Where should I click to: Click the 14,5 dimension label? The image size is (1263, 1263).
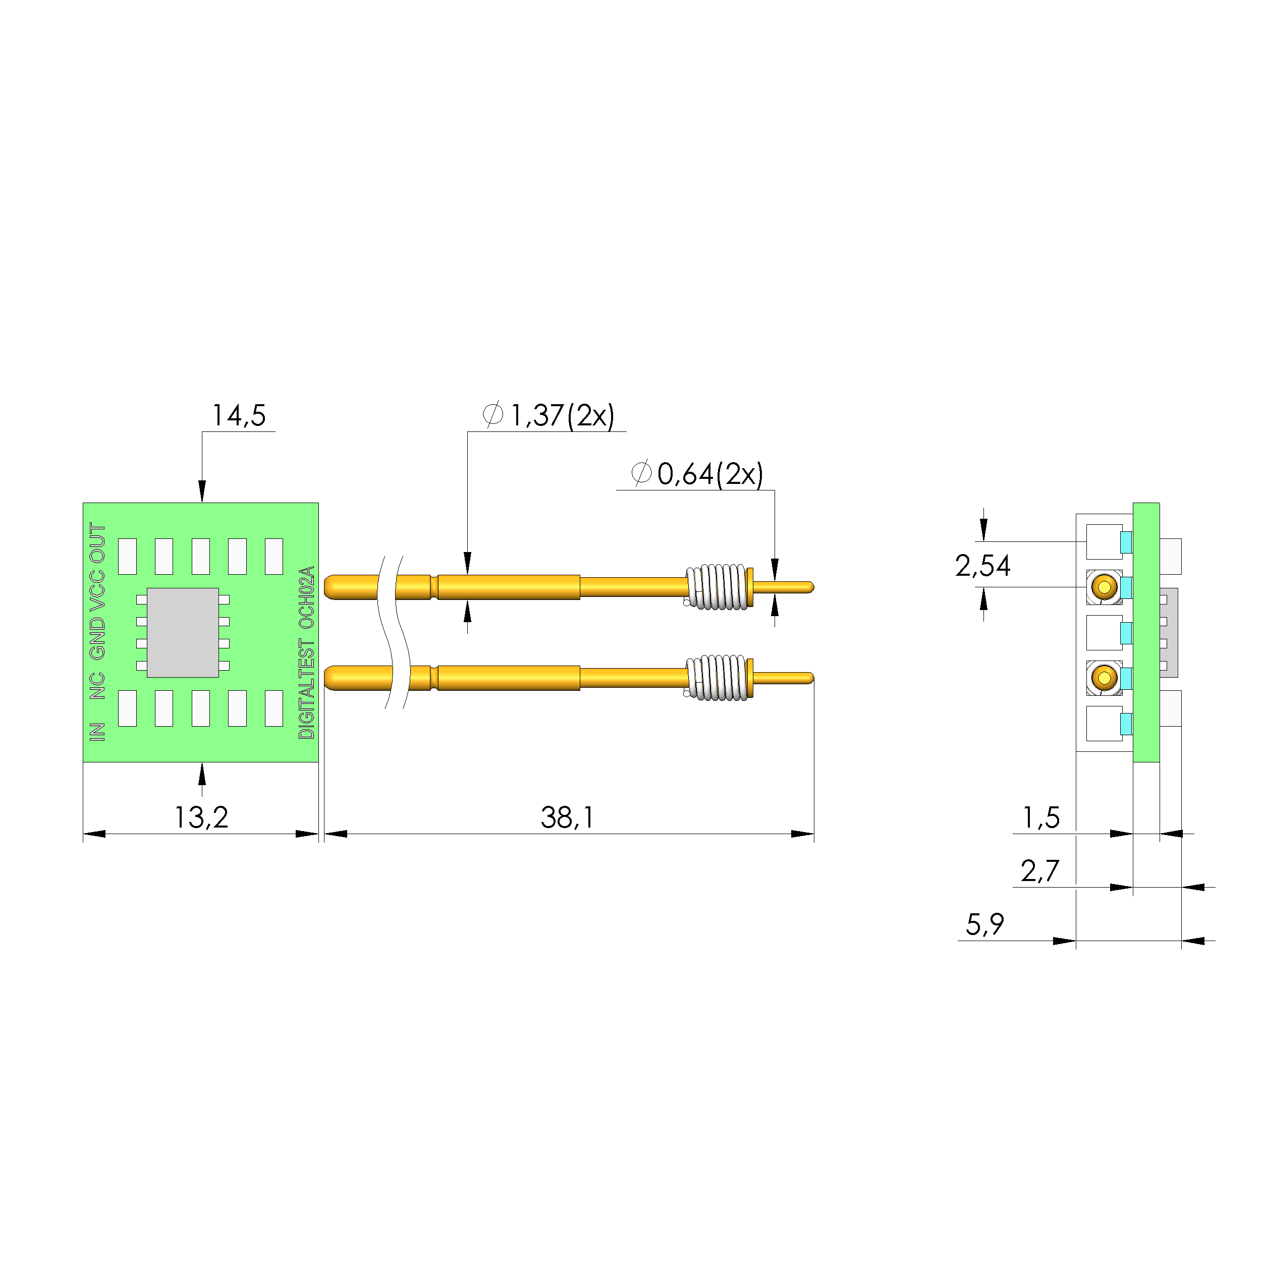click(x=239, y=416)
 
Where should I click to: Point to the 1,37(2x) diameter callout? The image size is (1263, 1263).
click(x=548, y=415)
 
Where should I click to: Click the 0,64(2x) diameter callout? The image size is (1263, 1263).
click(x=697, y=474)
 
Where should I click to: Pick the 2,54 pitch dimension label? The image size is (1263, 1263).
click(x=982, y=566)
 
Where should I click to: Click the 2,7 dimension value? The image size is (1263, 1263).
click(x=1039, y=871)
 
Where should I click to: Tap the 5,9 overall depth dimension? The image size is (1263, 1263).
click(x=984, y=925)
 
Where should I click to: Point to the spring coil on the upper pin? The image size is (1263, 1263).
click(x=717, y=587)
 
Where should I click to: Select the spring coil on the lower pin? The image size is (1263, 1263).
click(x=717, y=678)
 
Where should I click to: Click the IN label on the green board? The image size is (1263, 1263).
click(x=97, y=732)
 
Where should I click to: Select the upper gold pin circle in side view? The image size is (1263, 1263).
click(x=1104, y=587)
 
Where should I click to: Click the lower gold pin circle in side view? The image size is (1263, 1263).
click(x=1104, y=678)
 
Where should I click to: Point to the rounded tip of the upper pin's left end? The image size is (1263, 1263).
click(x=326, y=587)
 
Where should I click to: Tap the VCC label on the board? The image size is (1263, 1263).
click(x=97, y=591)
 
